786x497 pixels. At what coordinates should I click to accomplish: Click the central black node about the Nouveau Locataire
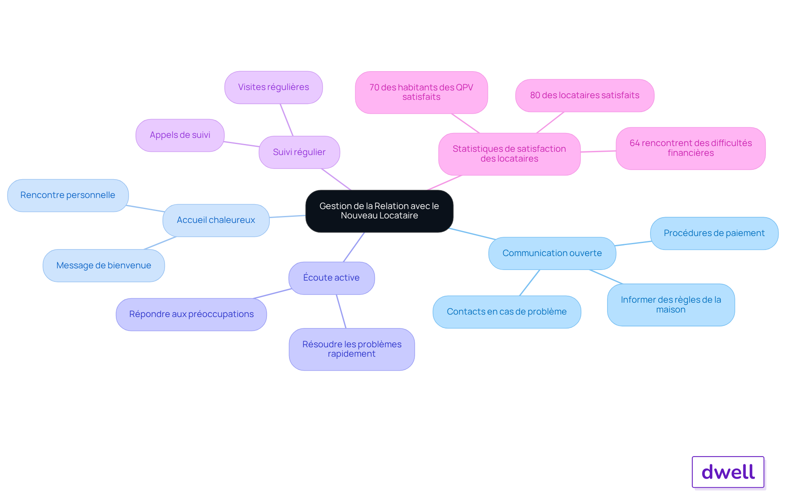379,211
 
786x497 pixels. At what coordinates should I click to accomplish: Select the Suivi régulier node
299,152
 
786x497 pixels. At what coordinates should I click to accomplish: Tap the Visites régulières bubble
273,88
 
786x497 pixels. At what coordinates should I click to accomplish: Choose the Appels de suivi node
180,135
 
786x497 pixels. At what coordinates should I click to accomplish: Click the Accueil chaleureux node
216,220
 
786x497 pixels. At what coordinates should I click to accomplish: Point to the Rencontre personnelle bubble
68,196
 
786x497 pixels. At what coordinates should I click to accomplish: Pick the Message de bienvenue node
104,265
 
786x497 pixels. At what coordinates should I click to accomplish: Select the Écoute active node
332,278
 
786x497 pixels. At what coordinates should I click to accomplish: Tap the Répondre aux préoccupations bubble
191,315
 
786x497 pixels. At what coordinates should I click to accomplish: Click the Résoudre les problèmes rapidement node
352,349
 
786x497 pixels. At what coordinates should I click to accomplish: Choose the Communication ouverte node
552,253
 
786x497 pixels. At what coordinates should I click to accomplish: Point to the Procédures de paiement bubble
714,233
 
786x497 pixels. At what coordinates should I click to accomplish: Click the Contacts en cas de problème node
507,312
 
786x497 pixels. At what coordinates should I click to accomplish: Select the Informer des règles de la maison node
671,305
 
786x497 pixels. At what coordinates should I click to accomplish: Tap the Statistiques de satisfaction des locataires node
509,154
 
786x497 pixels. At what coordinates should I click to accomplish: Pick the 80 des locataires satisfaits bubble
585,95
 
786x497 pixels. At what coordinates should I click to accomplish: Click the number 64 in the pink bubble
635,143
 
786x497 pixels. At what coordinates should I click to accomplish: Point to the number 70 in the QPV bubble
374,88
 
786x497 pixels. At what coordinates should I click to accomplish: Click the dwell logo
728,472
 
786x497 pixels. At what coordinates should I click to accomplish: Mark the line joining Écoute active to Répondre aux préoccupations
273,294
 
